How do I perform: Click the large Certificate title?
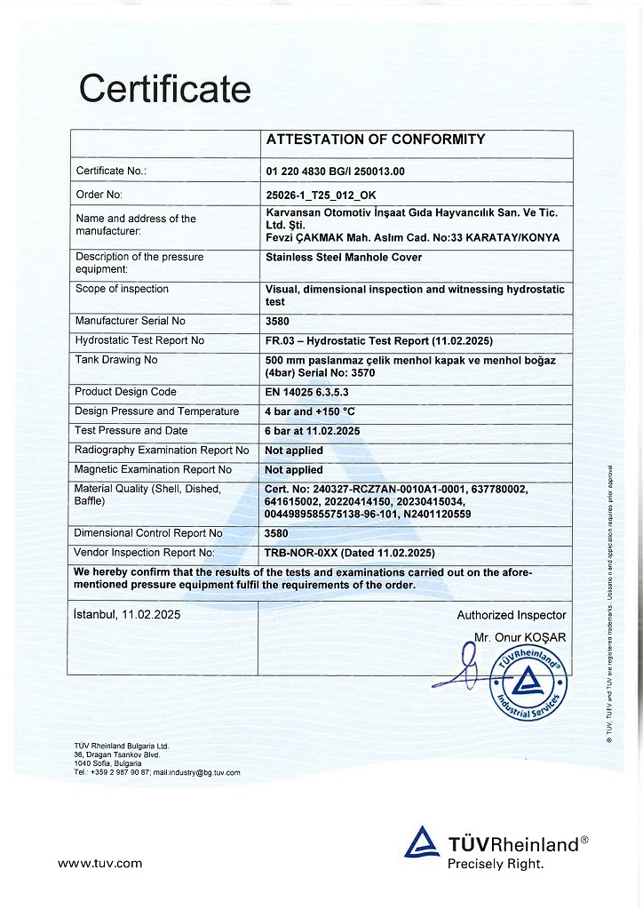point(165,90)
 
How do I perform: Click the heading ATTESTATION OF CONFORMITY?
point(376,140)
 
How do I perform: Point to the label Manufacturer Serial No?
point(131,321)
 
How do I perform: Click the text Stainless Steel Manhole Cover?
point(344,258)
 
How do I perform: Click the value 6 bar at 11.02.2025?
point(312,431)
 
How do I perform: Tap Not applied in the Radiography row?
point(294,451)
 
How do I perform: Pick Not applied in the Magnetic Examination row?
point(294,470)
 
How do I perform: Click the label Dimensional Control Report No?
point(148,533)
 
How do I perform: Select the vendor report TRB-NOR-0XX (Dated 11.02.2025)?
point(349,553)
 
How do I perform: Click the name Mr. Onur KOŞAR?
point(520,637)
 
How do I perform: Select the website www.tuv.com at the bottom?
point(99,863)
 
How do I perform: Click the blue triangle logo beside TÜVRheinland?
point(422,843)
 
